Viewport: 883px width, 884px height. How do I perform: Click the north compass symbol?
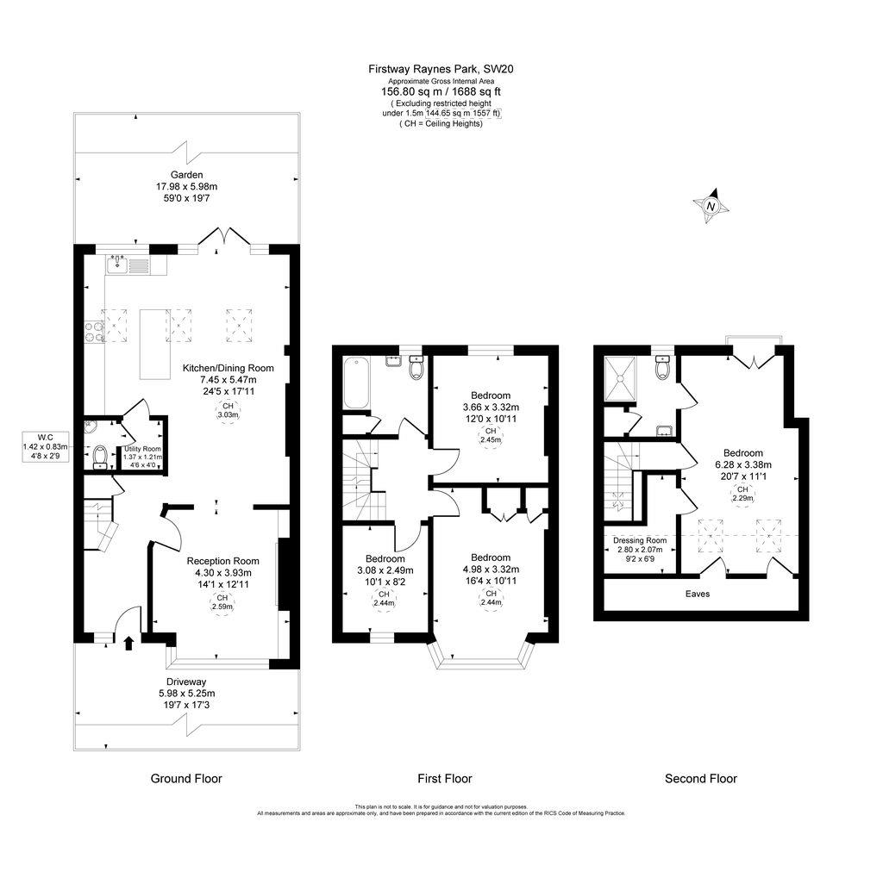tap(711, 205)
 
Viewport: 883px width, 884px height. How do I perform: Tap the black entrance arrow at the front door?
tap(129, 642)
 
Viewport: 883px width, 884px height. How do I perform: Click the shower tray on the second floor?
tap(623, 378)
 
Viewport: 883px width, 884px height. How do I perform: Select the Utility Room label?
tap(143, 449)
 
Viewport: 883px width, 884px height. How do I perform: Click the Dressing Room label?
tap(640, 540)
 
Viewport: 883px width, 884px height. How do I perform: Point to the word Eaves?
tap(698, 594)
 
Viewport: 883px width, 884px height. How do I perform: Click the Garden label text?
tap(186, 175)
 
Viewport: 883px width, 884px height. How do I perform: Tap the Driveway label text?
tap(186, 681)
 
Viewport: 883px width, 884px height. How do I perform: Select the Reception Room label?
tap(222, 561)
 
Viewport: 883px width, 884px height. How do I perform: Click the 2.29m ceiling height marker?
tap(742, 494)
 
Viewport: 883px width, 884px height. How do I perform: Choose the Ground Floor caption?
tap(186, 778)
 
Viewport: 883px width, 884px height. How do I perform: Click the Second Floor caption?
tap(700, 778)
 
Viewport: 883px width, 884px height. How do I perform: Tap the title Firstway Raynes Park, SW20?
tap(441, 68)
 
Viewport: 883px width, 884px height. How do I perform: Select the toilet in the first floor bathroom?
tap(416, 368)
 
